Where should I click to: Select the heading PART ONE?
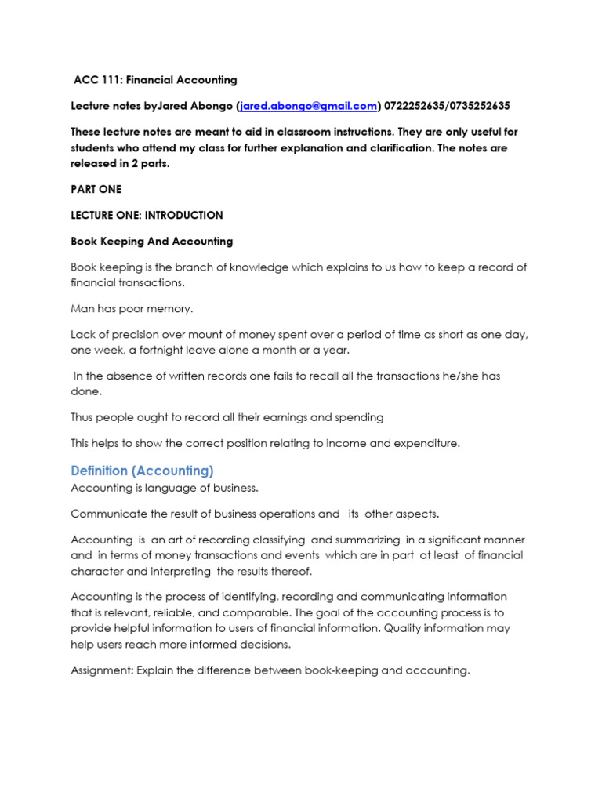(x=96, y=189)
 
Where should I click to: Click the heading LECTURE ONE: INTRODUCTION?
(x=147, y=215)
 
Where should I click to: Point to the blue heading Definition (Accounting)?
(x=142, y=471)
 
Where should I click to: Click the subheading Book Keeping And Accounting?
(x=152, y=241)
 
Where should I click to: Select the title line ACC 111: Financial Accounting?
(x=155, y=80)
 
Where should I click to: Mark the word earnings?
(x=293, y=417)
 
